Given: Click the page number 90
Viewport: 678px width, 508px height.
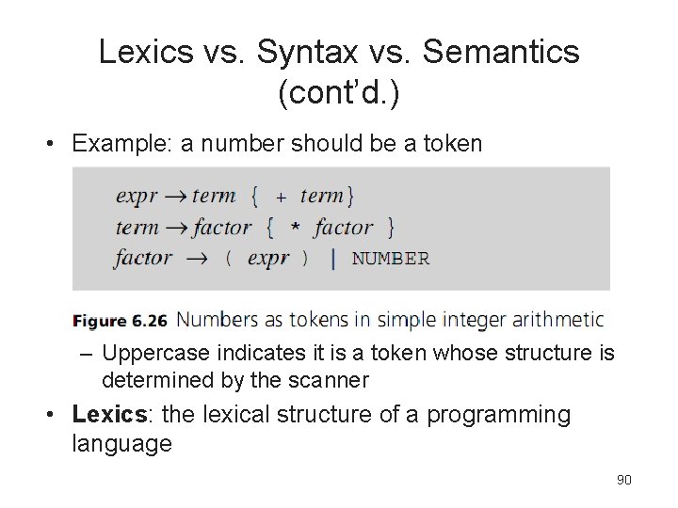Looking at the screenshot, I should click(623, 480).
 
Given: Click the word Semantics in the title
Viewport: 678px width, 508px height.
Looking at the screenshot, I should click(502, 53).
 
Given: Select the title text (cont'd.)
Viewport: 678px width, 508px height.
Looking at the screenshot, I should click(339, 93).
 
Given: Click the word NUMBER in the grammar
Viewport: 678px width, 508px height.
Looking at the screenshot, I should click(390, 259).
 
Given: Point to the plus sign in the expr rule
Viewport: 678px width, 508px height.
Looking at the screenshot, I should click(281, 198).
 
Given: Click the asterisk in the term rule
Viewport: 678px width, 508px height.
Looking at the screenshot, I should click(295, 229).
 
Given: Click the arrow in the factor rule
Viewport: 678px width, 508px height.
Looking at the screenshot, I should click(195, 259).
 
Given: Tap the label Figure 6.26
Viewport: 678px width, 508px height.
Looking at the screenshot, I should click(120, 321).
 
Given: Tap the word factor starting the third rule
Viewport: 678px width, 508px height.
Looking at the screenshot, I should click(143, 259).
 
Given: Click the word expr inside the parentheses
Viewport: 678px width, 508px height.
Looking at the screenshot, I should click(267, 259).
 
